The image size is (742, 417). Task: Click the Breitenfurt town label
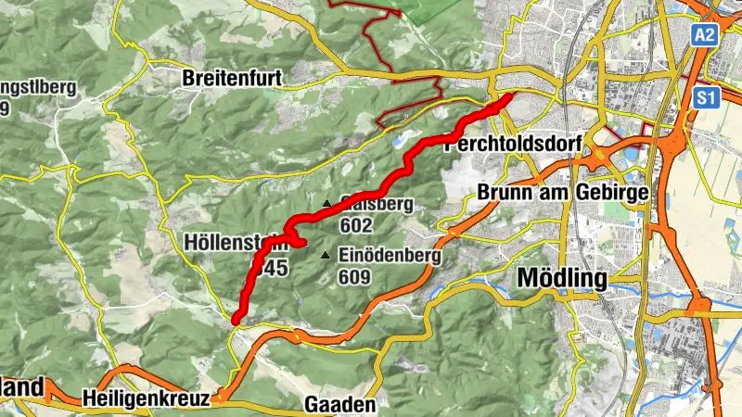(232, 78)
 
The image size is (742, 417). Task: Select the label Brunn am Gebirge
(562, 192)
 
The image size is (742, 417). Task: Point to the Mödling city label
(562, 278)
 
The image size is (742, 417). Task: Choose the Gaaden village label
(340, 405)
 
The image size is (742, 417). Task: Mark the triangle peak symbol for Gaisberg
(326, 204)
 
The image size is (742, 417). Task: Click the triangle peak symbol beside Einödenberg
(325, 256)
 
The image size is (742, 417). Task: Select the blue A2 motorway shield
(706, 35)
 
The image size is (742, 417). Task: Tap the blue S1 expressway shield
(706, 95)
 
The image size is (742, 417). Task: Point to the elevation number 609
(355, 277)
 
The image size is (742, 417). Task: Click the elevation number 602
(355, 225)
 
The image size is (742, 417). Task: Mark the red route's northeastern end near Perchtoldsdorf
(508, 97)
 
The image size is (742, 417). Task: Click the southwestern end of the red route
(237, 321)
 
